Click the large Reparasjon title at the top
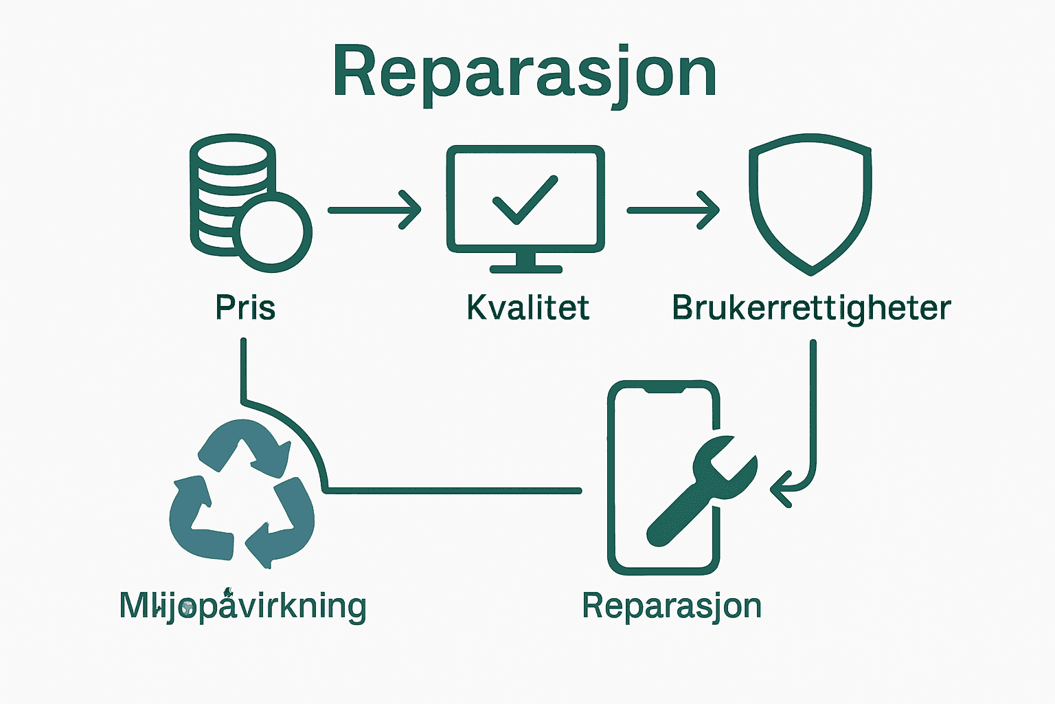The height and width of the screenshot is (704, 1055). point(525,73)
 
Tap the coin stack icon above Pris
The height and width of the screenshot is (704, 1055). point(227,192)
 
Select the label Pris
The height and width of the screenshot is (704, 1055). point(245,307)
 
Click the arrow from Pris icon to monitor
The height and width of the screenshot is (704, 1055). point(374,210)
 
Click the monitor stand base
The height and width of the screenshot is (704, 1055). point(525,268)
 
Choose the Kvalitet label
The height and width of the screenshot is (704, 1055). point(527,307)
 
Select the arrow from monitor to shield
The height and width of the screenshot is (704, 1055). point(673,210)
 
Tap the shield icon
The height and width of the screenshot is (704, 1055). point(810,203)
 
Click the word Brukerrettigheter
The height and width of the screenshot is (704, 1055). point(811,307)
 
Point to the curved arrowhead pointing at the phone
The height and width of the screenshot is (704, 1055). point(780,489)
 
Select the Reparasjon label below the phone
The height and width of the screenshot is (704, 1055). point(672,606)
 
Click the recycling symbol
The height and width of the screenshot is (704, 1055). point(242,495)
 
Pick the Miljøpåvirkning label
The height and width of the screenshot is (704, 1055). point(242,606)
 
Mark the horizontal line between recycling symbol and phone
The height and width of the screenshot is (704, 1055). point(453,490)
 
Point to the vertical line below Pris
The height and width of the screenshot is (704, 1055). point(243,368)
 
